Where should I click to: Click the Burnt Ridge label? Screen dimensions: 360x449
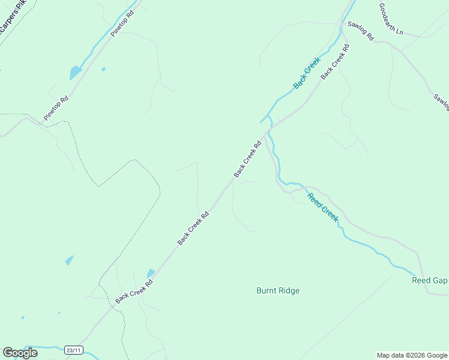click(277, 291)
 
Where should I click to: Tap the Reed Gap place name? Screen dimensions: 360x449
click(429, 281)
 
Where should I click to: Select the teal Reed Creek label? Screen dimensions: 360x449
click(322, 207)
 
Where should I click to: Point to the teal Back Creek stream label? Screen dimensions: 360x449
click(307, 73)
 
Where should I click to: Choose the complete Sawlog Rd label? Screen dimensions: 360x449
click(360, 31)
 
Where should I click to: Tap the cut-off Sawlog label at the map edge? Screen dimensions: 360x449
click(441, 102)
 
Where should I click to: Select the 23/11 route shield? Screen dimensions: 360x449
click(74, 349)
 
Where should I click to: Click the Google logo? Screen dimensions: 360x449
click(20, 353)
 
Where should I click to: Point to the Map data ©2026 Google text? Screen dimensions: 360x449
click(411, 355)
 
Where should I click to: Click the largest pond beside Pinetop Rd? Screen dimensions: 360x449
click(75, 73)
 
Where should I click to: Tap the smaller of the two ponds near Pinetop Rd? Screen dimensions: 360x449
click(103, 70)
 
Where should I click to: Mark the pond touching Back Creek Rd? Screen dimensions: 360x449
click(151, 273)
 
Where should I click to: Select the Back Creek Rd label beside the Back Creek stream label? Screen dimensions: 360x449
click(334, 65)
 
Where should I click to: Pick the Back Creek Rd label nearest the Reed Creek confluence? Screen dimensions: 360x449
click(248, 159)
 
